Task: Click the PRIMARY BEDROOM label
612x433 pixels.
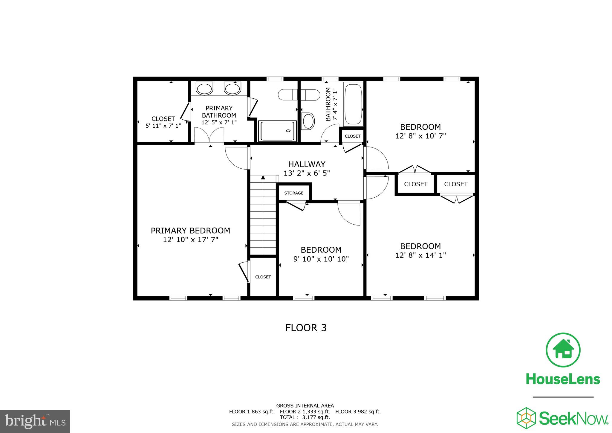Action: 190,231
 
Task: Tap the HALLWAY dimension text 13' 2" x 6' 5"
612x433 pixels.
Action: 307,173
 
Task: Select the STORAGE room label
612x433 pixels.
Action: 294,193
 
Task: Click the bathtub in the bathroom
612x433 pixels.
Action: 353,104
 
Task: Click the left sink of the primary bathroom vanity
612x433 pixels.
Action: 204,89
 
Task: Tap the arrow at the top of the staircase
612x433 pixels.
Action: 263,177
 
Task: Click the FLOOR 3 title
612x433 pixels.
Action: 306,328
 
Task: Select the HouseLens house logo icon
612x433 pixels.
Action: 563,350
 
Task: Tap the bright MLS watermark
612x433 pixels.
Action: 35,421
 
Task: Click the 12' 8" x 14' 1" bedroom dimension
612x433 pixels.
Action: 420,255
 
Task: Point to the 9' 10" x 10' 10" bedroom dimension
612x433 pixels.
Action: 321,259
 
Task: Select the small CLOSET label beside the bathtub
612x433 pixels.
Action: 353,136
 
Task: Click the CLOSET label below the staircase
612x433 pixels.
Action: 263,277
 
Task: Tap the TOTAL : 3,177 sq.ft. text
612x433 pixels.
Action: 305,417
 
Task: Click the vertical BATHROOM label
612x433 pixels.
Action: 328,104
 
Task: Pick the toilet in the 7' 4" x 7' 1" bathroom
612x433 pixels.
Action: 308,121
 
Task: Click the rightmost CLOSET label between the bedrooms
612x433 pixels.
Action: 456,184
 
